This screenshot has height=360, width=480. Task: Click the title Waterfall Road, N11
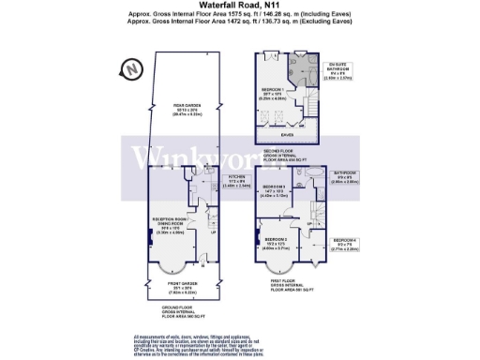(240, 6)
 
